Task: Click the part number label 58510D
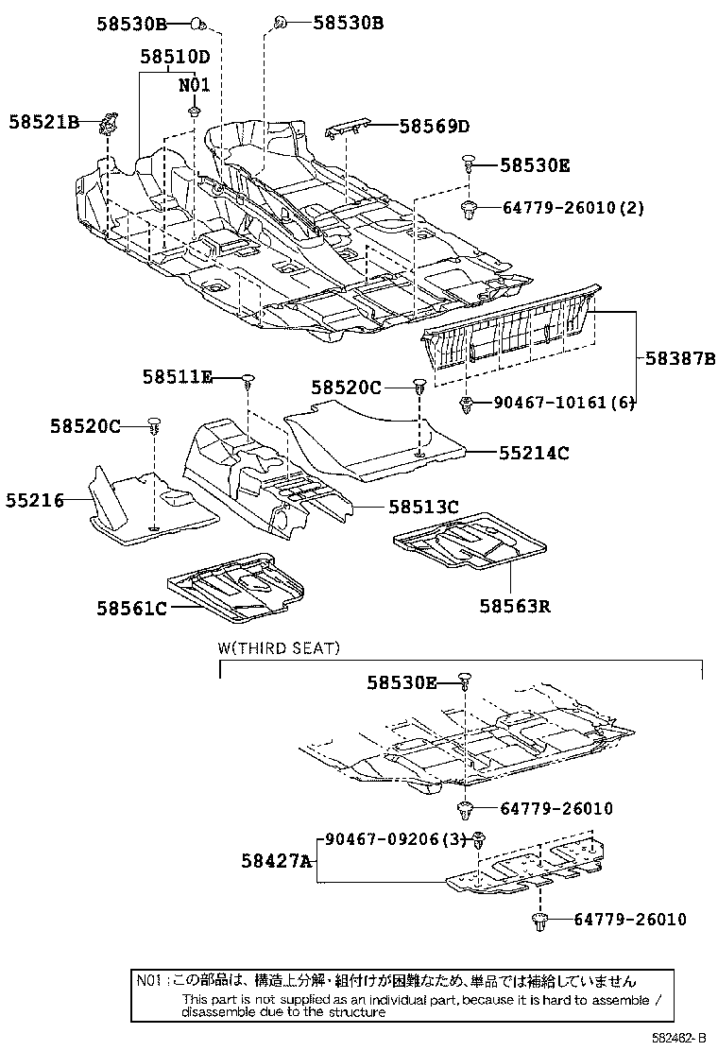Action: point(175,57)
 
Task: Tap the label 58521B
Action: point(44,122)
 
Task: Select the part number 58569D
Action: point(434,126)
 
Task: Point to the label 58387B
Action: point(680,359)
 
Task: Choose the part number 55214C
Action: point(534,454)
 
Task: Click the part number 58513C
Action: point(422,508)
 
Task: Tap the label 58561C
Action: point(130,608)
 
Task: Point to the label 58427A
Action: point(275,860)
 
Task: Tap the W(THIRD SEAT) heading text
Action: point(279,648)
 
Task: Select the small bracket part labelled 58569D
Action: point(350,129)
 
